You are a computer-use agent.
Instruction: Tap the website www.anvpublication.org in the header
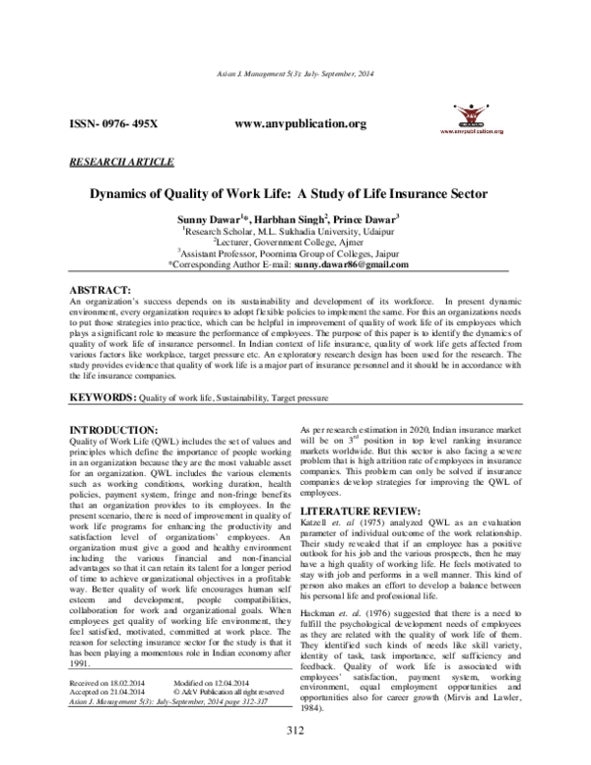pyautogui.click(x=302, y=124)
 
